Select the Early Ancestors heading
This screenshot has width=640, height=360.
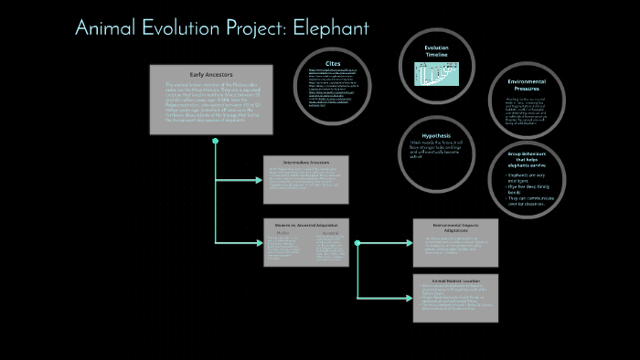(211, 74)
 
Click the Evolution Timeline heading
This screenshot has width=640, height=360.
(436, 51)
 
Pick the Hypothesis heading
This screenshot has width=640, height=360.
(436, 135)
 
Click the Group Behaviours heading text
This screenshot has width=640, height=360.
(531, 160)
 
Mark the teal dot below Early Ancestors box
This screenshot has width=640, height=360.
(215, 142)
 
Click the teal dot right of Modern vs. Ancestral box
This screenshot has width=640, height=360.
(357, 243)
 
